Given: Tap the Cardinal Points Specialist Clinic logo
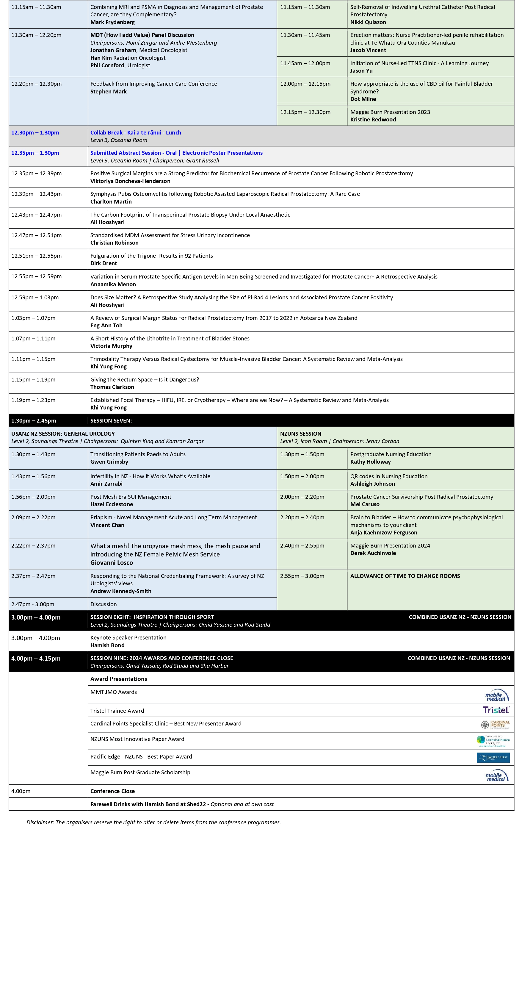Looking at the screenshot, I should tap(495, 724).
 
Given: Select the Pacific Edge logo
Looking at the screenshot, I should tap(493, 757).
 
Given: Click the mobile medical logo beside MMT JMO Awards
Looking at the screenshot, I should tap(496, 695).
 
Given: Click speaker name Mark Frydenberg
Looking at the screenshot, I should tap(112, 22).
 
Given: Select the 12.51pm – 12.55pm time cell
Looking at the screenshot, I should tap(37, 256).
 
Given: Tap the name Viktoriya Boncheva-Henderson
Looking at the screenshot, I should tap(130, 181).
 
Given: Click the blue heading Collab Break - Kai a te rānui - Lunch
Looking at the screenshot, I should tap(136, 133).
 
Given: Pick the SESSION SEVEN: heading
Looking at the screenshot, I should tap(111, 420).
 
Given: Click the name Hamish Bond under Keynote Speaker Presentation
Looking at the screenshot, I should tap(107, 645).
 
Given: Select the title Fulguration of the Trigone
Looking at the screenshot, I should tap(151, 256).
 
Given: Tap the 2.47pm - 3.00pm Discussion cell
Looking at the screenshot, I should tap(104, 604).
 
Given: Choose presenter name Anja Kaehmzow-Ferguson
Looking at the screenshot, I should tap(384, 533).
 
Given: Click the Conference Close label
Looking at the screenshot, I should tap(112, 791).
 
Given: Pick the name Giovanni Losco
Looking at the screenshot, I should tap(112, 563).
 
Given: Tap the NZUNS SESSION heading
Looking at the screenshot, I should tap(301, 434).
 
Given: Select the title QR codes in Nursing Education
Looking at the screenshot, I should tap(389, 476).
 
